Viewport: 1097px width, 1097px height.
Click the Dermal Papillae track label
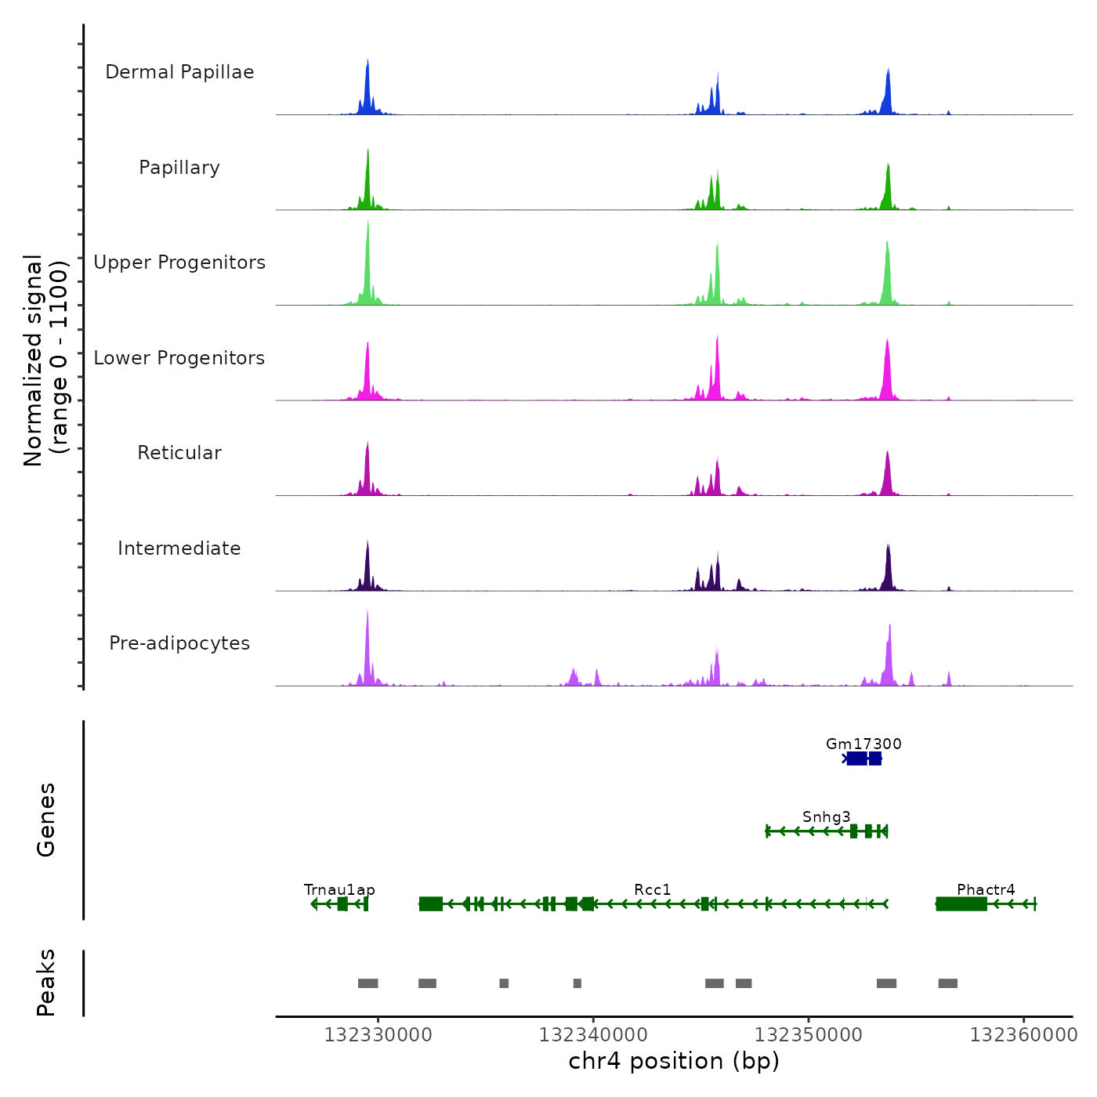click(179, 72)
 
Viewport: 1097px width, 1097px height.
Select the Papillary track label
click(179, 168)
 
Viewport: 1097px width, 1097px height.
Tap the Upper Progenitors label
click(179, 262)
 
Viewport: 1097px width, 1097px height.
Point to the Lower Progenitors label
click(179, 358)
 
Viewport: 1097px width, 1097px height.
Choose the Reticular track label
click(179, 453)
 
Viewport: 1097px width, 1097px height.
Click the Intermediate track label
click(179, 548)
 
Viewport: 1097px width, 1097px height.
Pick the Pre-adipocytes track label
click(179, 643)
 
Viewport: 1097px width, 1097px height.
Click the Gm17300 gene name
click(863, 744)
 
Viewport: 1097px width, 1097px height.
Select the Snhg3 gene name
click(826, 816)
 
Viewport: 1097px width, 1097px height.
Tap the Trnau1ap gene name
click(339, 889)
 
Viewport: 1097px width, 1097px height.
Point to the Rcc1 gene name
click(653, 889)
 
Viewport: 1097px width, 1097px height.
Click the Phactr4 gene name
click(986, 889)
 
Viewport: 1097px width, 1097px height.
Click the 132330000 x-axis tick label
click(378, 1035)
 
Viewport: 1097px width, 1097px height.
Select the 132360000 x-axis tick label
click(1023, 1035)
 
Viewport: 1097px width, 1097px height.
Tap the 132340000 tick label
click(593, 1035)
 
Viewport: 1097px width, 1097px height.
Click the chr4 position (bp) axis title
click(674, 1062)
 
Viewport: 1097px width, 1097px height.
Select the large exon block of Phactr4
click(961, 904)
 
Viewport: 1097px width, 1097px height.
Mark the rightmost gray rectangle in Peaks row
click(947, 983)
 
